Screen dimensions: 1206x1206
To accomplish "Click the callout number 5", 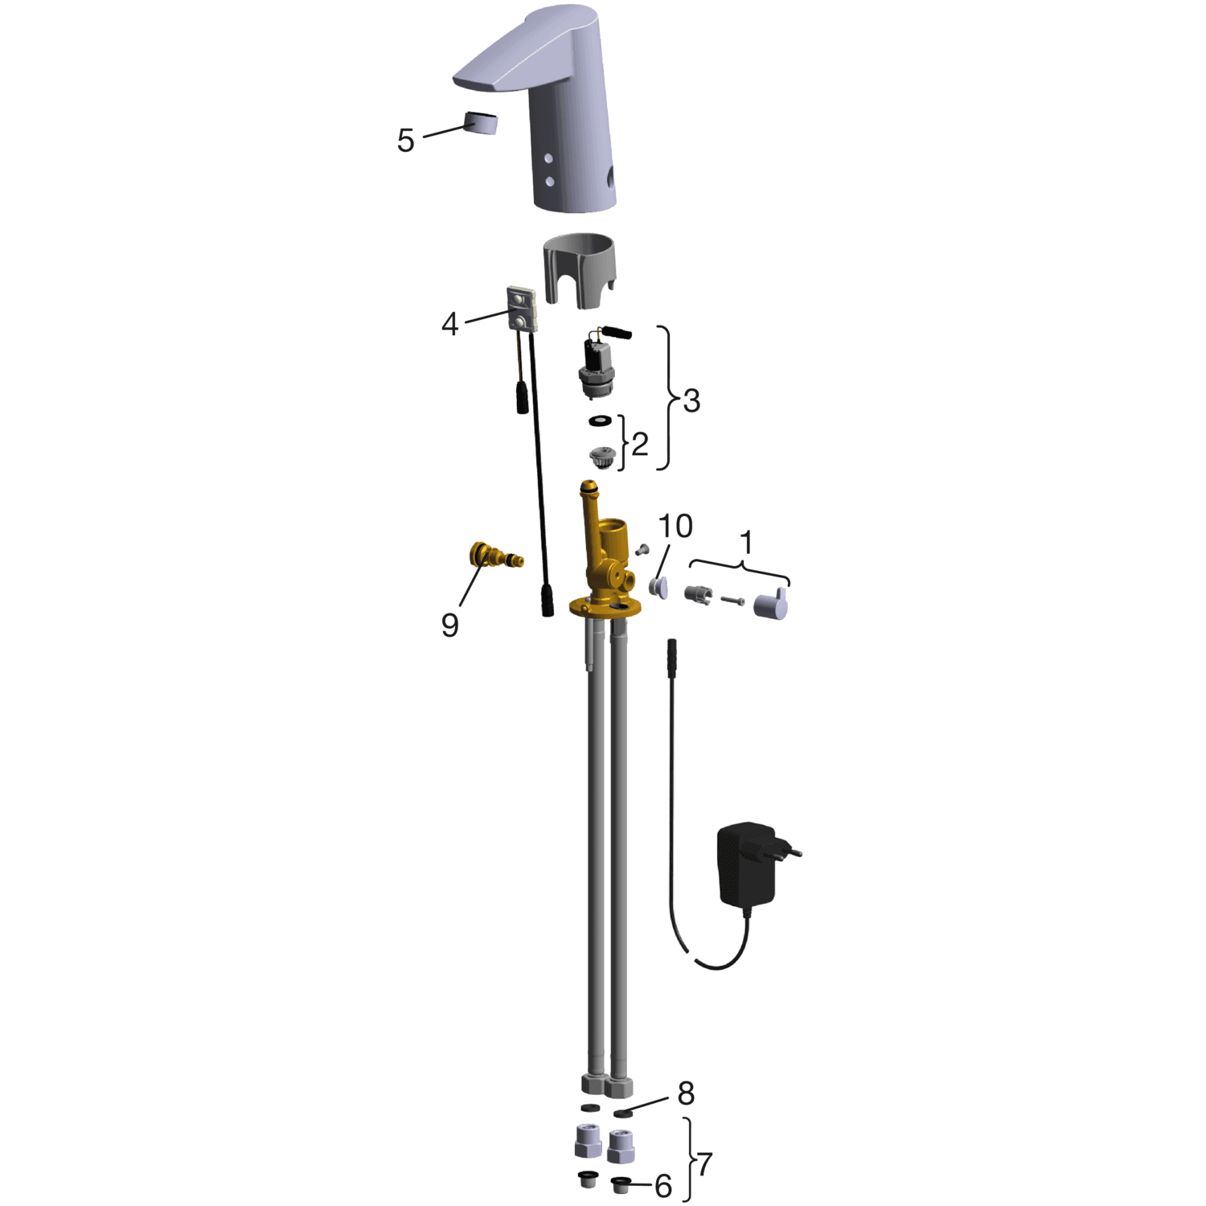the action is pyautogui.click(x=406, y=140).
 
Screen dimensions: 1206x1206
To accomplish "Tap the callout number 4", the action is pyautogui.click(x=450, y=324).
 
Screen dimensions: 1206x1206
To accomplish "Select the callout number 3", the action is pyautogui.click(x=691, y=400).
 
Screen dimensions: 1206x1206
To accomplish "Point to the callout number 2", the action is pyautogui.click(x=640, y=444).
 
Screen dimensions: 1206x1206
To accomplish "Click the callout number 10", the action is pyautogui.click(x=675, y=527).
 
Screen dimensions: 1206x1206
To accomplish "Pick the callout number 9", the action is pyautogui.click(x=450, y=625).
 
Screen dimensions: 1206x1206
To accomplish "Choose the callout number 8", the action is pyautogui.click(x=686, y=1093).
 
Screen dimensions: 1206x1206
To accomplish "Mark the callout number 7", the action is pyautogui.click(x=705, y=1163).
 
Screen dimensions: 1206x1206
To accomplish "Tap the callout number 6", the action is pyautogui.click(x=663, y=1186).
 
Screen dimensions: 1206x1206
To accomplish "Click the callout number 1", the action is pyautogui.click(x=747, y=543).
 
